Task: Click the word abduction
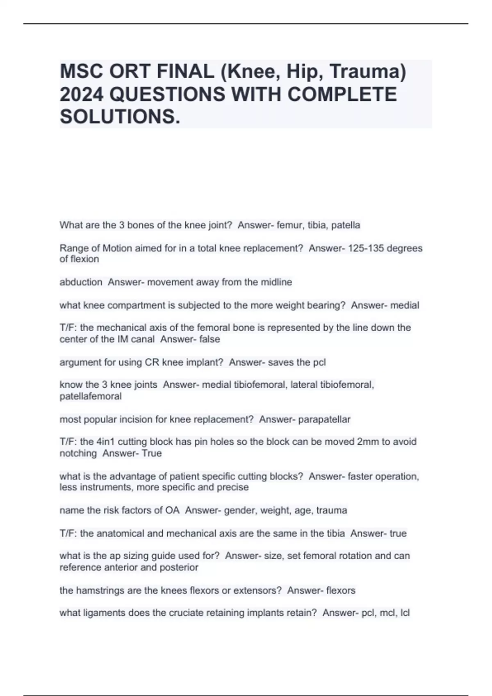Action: click(x=81, y=282)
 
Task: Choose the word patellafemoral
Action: click(x=91, y=396)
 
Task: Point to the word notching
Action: click(x=78, y=453)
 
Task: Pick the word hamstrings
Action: click(x=97, y=590)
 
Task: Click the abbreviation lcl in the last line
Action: click(x=405, y=613)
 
